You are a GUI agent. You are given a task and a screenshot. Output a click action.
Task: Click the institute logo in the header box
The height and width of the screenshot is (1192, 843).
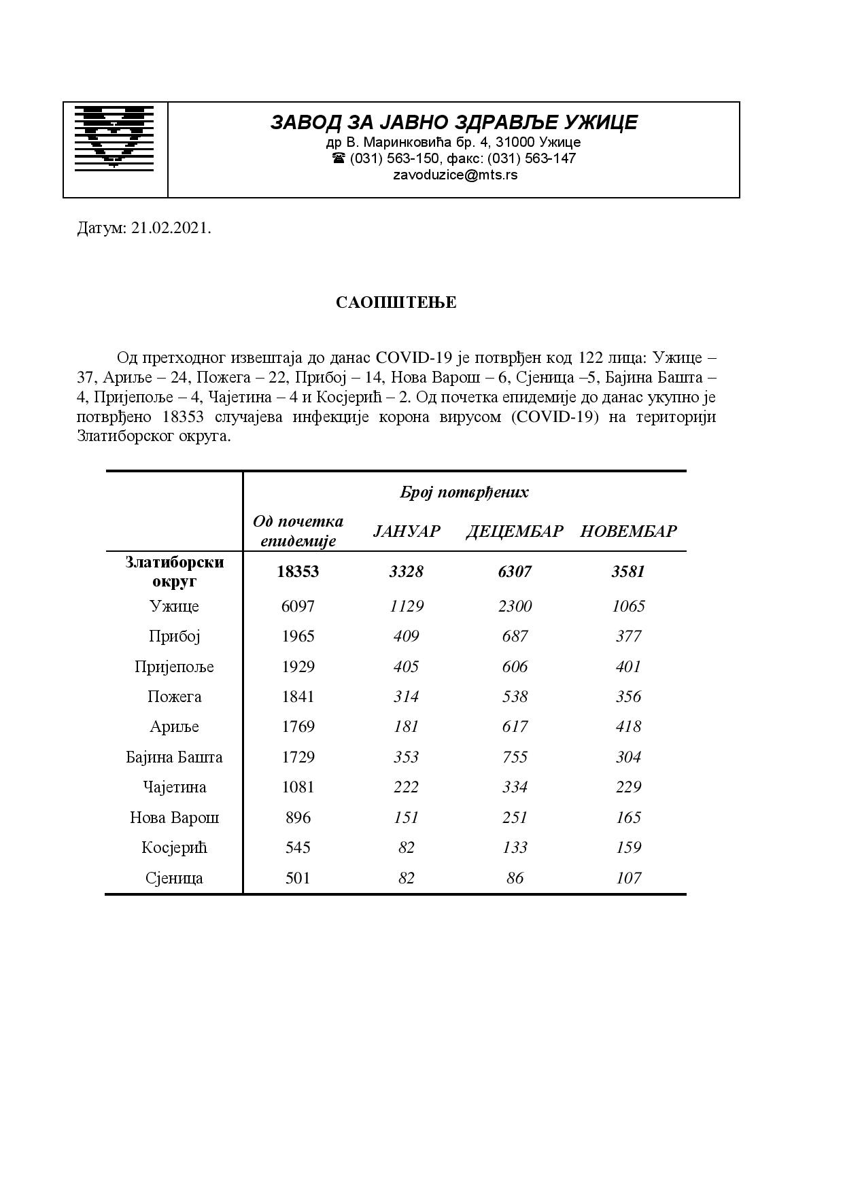coord(114,137)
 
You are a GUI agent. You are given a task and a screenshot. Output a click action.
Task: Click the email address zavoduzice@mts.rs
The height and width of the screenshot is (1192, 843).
coord(455,175)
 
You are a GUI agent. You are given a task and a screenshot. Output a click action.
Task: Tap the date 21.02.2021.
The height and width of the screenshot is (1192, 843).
coord(171,228)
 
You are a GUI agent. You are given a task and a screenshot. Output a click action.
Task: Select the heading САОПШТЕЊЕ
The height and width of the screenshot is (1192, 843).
coord(396,302)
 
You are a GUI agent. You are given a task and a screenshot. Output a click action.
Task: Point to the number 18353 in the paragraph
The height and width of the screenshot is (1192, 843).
coord(185,417)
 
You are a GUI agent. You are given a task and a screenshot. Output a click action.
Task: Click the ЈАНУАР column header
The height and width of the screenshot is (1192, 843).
coord(407,531)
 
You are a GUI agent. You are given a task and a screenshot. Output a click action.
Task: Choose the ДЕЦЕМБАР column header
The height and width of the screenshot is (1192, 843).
coord(515,531)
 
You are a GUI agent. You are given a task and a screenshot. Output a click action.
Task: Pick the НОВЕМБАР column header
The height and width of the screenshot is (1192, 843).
coord(628,531)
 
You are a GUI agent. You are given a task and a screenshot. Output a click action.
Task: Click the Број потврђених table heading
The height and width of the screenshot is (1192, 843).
coord(464,493)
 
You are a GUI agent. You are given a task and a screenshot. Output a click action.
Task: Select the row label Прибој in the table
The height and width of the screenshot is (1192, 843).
coord(175,636)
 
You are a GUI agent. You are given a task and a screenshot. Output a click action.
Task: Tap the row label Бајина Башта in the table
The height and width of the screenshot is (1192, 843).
coord(175,757)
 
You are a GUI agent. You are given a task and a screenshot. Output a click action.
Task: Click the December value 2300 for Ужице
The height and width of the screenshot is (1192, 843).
coord(515,606)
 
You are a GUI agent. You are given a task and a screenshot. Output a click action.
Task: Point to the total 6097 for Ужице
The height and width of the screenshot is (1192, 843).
coord(298,606)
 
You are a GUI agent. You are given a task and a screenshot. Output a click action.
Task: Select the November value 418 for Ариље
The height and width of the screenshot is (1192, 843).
coord(628,726)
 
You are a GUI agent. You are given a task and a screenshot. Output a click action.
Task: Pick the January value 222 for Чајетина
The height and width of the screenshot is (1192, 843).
coord(407,787)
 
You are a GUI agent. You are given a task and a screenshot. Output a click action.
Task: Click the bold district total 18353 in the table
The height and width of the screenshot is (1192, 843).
coord(298,572)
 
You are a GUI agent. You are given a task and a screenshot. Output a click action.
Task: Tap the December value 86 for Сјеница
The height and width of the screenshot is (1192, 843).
coord(515,878)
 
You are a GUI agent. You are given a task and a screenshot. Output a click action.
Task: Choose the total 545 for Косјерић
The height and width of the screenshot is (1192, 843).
coord(298,847)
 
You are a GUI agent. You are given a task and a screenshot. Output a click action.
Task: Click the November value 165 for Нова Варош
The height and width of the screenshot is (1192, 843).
coord(628,818)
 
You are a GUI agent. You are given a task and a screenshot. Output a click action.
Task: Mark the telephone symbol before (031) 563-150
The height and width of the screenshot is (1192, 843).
coord(339,158)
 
